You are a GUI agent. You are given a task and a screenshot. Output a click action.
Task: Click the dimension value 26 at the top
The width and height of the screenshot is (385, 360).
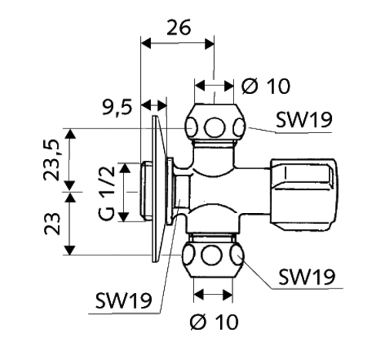[179, 27]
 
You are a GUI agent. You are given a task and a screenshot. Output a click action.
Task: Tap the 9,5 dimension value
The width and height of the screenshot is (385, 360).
[117, 108]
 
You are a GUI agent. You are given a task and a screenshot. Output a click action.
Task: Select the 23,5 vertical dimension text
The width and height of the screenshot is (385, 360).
[52, 160]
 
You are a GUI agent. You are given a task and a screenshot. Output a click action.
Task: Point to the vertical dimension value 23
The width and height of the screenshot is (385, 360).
[52, 224]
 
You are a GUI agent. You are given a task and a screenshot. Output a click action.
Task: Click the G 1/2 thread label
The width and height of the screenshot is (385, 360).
[106, 193]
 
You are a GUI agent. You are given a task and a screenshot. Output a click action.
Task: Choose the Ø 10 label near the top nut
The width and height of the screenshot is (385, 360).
[266, 86]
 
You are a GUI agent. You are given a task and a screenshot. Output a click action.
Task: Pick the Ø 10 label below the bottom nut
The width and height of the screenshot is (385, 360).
[214, 322]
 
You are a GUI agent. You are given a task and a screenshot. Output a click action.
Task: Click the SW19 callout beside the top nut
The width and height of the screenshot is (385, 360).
[304, 119]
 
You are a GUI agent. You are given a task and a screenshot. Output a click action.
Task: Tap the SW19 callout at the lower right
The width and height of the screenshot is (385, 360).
[307, 277]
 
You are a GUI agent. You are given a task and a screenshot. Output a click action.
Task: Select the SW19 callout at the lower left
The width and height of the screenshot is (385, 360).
[124, 300]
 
